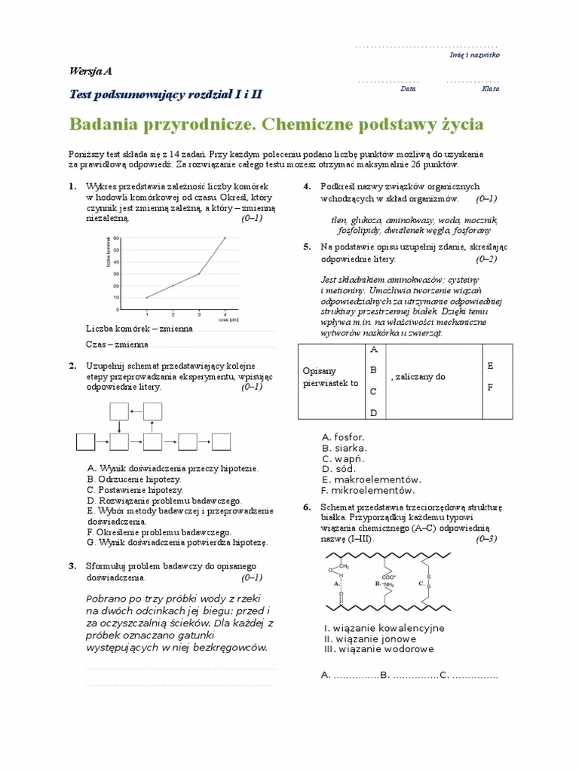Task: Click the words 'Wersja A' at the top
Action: tap(90, 72)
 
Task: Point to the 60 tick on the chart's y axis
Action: tap(118, 238)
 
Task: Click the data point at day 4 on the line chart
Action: tap(225, 237)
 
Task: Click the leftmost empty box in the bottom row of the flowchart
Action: tap(85, 440)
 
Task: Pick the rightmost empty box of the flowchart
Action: tap(221, 440)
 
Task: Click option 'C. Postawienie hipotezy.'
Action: tap(130, 489)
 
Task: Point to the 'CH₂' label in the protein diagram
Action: tap(343, 567)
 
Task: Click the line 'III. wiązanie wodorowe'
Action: tap(378, 649)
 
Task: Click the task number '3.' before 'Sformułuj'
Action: tap(72, 566)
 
